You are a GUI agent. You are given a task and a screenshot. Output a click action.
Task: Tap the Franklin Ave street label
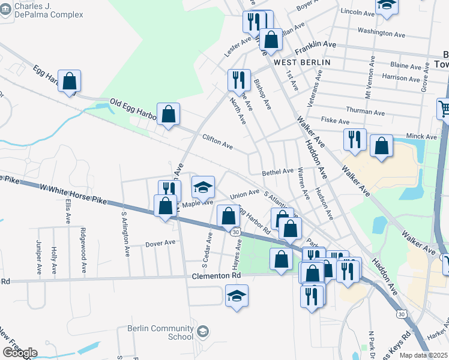(x=315, y=44)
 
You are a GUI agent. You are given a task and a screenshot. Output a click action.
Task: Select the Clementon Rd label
(x=216, y=275)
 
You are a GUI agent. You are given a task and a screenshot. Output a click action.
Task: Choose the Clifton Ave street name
(x=217, y=142)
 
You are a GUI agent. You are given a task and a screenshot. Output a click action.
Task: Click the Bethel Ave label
(x=277, y=172)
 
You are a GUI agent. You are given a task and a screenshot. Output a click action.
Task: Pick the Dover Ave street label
(x=160, y=243)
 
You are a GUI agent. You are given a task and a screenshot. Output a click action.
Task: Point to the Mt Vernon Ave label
(x=368, y=81)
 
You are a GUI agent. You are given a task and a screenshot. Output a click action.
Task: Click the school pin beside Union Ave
(x=203, y=187)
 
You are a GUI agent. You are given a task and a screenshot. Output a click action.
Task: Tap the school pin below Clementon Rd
(x=237, y=295)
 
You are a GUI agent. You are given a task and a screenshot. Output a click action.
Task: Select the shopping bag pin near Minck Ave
(x=381, y=146)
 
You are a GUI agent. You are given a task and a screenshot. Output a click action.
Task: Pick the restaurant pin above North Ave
(x=239, y=80)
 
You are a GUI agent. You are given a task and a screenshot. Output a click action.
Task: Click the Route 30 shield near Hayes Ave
(x=235, y=232)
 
